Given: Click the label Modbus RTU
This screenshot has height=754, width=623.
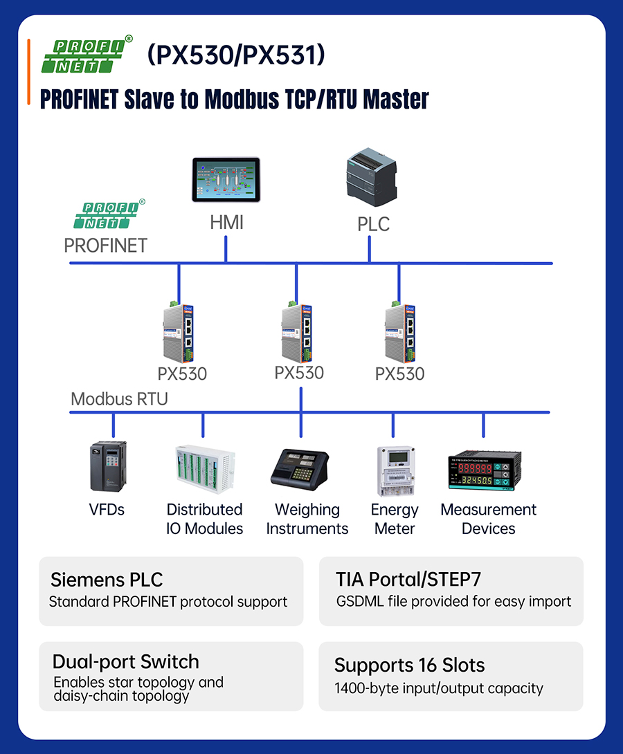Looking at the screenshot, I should (x=119, y=399).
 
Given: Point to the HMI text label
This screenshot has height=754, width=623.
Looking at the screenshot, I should (x=226, y=223).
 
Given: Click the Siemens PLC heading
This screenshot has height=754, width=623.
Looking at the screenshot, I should (x=107, y=580).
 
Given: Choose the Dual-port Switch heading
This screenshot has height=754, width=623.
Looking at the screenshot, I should (x=125, y=662).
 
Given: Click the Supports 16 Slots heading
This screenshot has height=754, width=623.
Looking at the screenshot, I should (x=409, y=665).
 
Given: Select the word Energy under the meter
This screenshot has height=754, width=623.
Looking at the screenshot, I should (x=395, y=510).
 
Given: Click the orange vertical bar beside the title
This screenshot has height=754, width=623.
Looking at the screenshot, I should (x=28, y=72).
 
